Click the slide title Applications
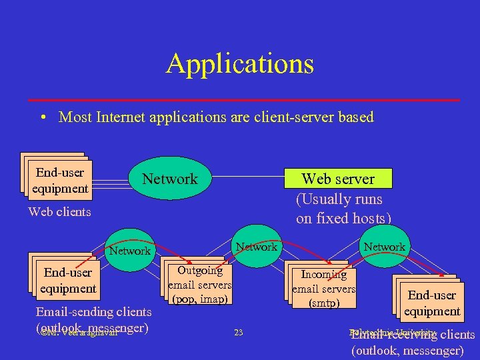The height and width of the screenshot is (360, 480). point(240,64)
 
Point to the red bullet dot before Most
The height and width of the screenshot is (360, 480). point(42,118)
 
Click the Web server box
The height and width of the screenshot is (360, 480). point(338,179)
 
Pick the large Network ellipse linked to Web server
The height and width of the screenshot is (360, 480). point(170,179)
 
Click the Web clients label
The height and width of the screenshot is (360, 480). point(59,212)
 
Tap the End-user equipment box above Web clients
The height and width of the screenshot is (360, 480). point(60,181)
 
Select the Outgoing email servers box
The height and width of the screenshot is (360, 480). point(200,284)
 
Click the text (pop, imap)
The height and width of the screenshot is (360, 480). point(201,299)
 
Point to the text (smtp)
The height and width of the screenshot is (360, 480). point(324,303)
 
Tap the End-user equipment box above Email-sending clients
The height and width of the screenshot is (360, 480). point(67,281)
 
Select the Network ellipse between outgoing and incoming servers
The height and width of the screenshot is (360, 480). point(257,247)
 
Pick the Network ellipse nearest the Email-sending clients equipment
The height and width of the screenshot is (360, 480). point(129,251)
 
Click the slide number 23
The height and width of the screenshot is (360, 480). point(239,333)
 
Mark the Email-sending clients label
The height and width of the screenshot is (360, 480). point(93,312)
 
